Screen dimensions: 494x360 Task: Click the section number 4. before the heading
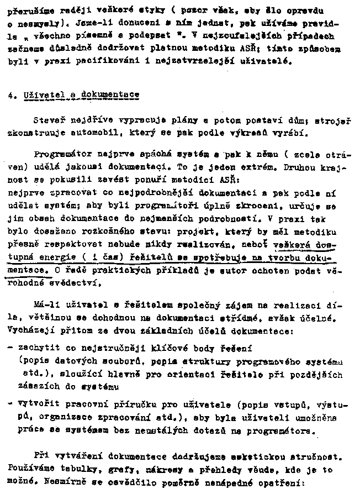[12, 94]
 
